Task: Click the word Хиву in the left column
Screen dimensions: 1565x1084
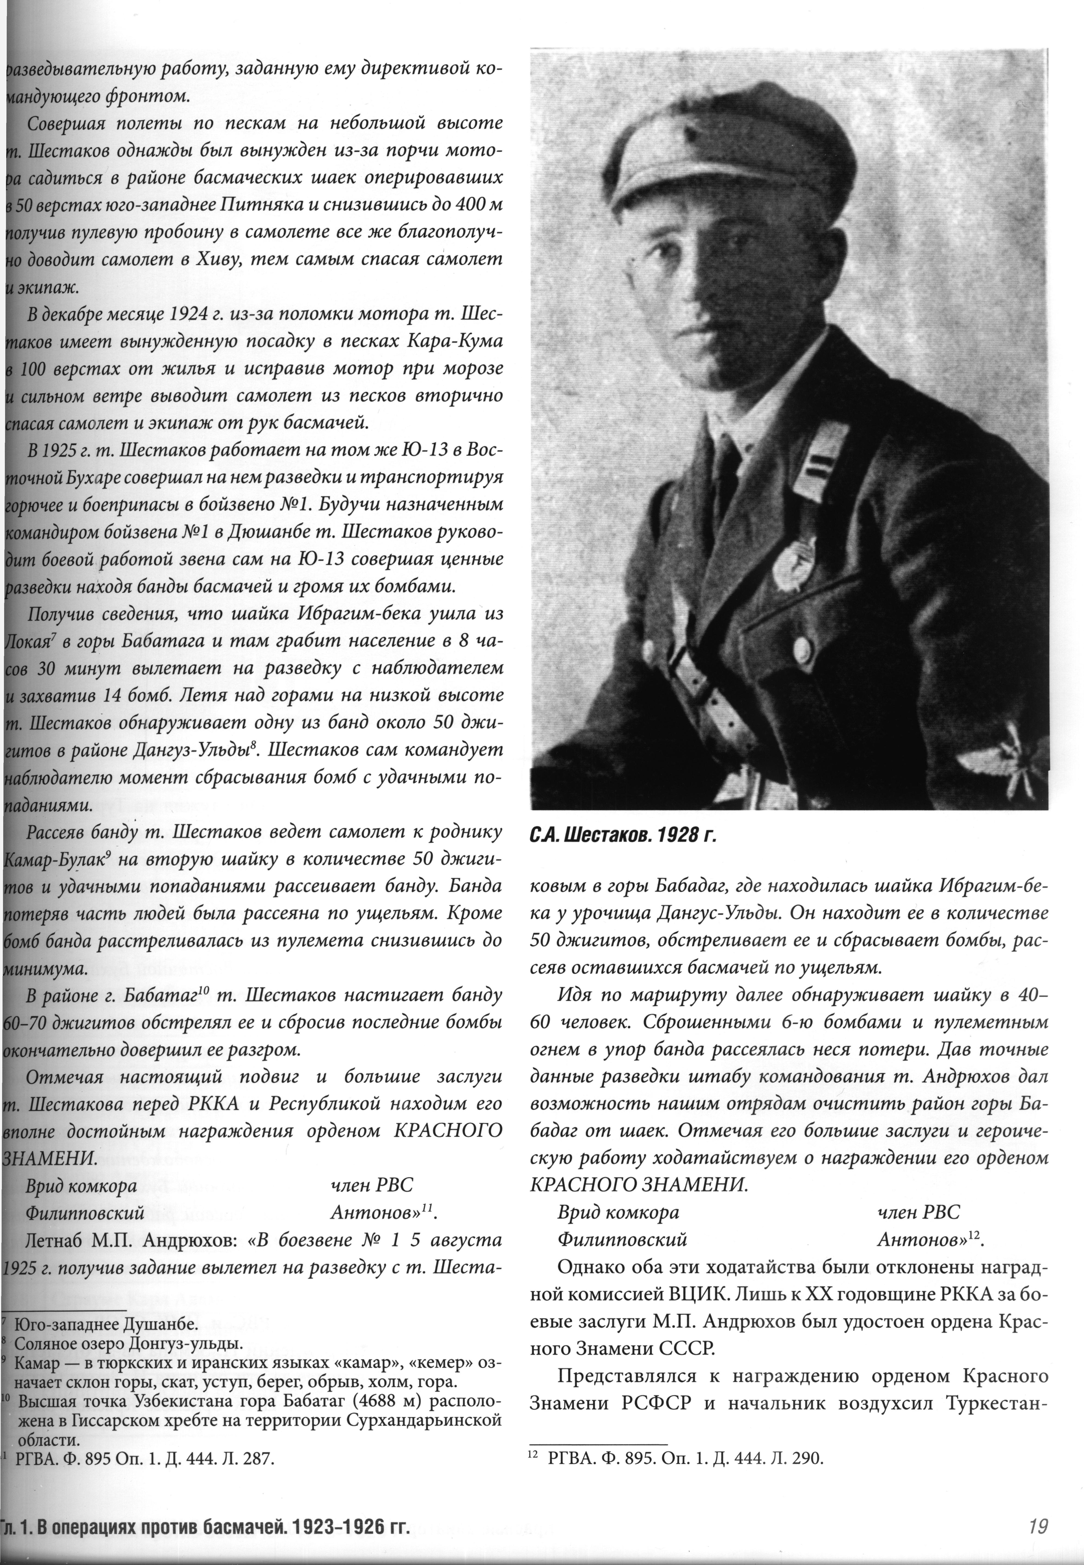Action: (277, 259)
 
